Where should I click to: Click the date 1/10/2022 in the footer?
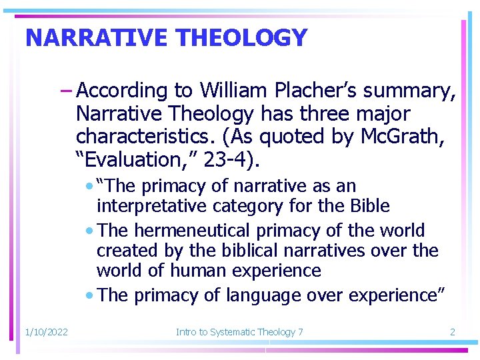click(x=46, y=331)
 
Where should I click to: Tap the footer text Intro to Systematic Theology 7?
click(x=239, y=331)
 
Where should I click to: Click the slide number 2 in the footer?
click(x=452, y=331)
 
